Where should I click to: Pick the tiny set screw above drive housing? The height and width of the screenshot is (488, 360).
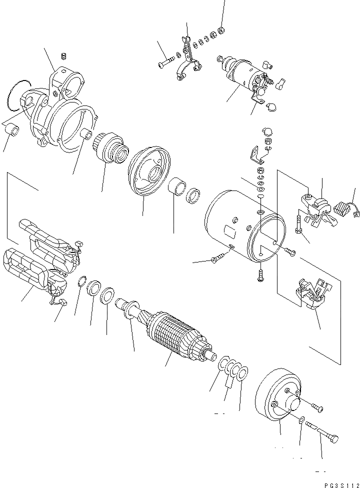click(x=63, y=55)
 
